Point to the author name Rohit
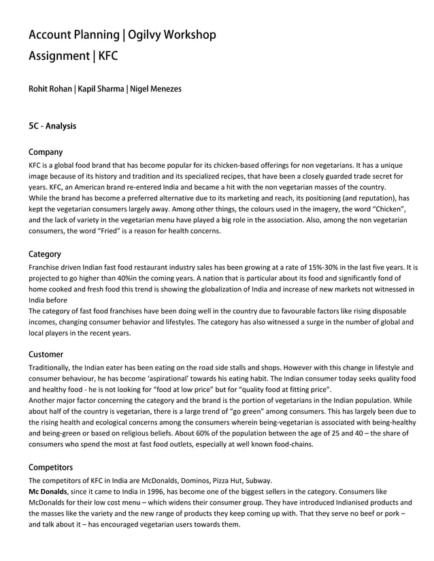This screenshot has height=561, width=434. (39, 88)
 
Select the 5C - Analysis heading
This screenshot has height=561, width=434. (52, 126)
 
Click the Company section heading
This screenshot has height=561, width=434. (46, 152)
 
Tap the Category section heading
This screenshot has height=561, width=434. (45, 254)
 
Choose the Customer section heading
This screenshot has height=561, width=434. (46, 355)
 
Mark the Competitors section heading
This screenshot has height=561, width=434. (50, 467)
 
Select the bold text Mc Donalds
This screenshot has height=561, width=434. (48, 491)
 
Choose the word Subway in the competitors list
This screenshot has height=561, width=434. (258, 479)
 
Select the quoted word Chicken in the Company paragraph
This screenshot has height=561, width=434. (371, 209)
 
